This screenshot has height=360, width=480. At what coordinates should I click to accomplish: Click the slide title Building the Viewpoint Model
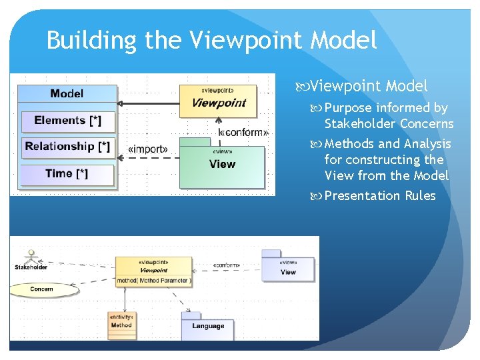(x=212, y=41)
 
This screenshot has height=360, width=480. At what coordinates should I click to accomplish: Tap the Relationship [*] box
(x=67, y=147)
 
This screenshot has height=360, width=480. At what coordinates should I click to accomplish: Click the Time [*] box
(x=67, y=174)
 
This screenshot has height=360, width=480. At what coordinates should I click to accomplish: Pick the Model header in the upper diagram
(x=67, y=93)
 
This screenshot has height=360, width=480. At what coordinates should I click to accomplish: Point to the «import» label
(x=147, y=149)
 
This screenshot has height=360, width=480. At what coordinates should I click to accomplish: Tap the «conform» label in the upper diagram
(x=243, y=132)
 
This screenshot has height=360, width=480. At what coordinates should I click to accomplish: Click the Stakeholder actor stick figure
(x=29, y=256)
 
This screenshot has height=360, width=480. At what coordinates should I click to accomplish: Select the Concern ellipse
(x=41, y=289)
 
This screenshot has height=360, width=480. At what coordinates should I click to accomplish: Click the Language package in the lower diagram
(x=207, y=326)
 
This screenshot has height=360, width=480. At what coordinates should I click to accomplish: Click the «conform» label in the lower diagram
(x=226, y=265)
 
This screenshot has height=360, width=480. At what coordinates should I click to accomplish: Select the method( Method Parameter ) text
(x=154, y=281)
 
